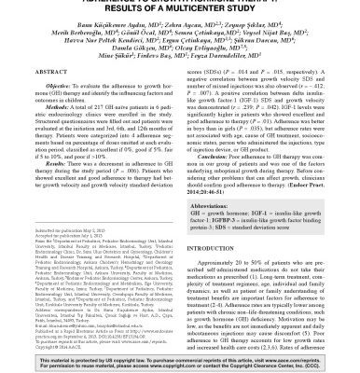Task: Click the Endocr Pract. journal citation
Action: coord(300,190)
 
